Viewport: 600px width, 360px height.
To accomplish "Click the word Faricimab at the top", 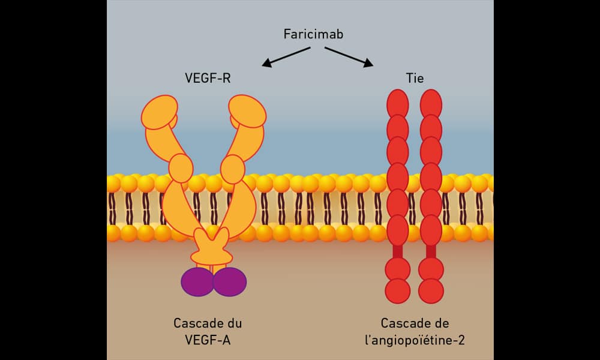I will click(313, 34).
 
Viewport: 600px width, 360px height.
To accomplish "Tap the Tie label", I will click(415, 77).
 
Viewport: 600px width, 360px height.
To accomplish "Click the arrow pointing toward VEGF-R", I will click(285, 56).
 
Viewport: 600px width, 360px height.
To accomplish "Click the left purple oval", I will click(197, 281).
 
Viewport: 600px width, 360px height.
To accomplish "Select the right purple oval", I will click(230, 281).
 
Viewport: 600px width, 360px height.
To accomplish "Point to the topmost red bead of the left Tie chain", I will click(397, 103).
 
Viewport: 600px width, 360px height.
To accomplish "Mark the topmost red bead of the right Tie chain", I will click(431, 103).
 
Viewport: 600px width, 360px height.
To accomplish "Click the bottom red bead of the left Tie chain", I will click(397, 290).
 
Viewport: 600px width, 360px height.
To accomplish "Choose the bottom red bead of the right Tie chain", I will click(431, 290).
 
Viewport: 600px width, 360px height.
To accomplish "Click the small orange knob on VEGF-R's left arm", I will click(181, 167).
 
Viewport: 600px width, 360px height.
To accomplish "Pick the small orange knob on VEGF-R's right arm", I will click(232, 167).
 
